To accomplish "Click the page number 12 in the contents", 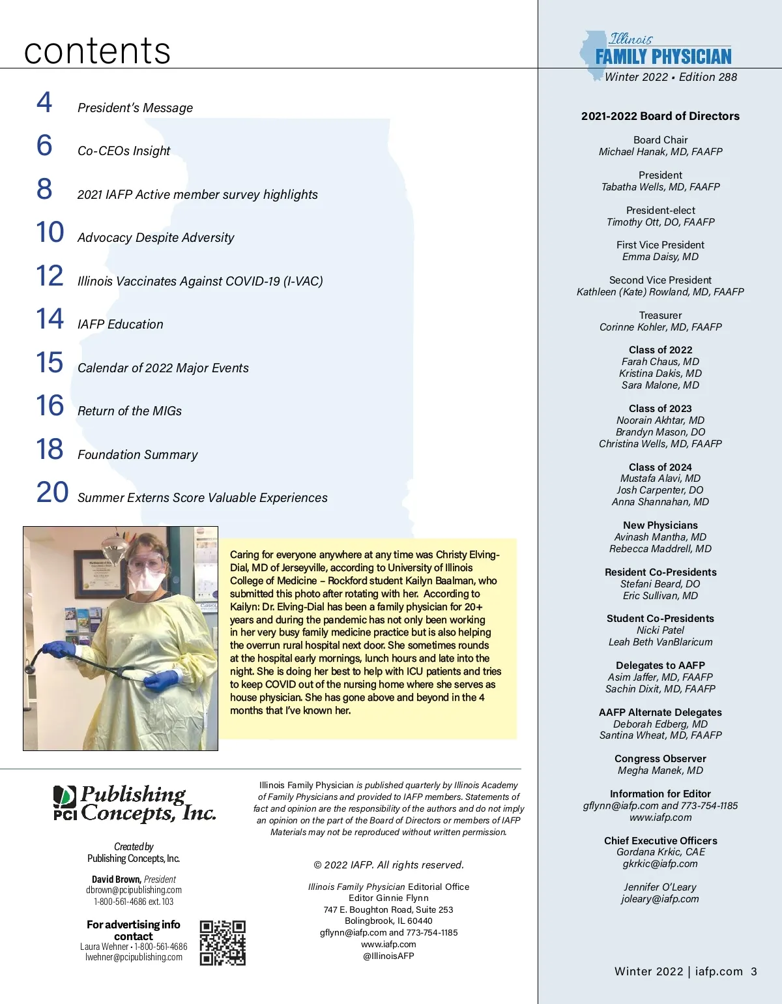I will tap(50, 276).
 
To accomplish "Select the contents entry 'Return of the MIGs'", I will tap(129, 411).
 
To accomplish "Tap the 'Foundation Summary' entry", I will tap(138, 454).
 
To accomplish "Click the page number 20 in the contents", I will tap(52, 492).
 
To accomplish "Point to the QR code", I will tap(222, 943).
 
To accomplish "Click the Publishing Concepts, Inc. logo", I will tap(134, 804).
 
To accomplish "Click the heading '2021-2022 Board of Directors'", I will tap(660, 116).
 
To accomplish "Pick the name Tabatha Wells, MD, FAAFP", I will tap(660, 187).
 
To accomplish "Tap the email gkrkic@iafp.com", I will tap(659, 864).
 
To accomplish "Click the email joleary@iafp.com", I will tap(659, 899).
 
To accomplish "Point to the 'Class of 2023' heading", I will tap(660, 409).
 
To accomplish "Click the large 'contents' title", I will tap(97, 51).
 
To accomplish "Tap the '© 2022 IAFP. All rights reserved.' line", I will tap(388, 865).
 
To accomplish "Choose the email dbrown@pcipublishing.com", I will tap(134, 890).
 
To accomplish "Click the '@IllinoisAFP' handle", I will tap(388, 956).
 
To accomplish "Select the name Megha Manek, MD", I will tap(660, 771).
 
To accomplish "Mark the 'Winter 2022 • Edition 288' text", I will tap(671, 77).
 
